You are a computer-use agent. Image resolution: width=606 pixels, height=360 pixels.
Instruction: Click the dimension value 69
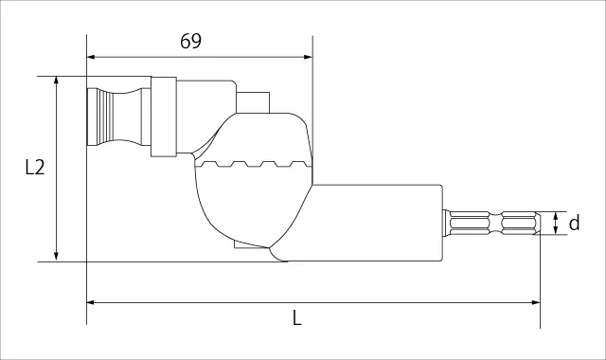(x=190, y=41)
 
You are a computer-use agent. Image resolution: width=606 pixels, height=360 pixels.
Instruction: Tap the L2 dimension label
(x=35, y=168)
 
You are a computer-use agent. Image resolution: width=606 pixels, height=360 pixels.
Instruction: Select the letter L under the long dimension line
(x=296, y=318)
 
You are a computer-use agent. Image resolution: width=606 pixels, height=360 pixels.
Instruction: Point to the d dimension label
(x=575, y=223)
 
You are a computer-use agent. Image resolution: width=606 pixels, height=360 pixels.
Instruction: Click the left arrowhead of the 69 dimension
(x=91, y=57)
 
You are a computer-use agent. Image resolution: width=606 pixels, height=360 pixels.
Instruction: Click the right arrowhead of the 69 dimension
(x=308, y=57)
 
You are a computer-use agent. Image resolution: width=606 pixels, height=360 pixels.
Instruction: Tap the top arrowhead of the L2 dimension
(x=56, y=81)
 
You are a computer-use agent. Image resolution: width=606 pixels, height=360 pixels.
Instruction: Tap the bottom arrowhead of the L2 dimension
(x=56, y=257)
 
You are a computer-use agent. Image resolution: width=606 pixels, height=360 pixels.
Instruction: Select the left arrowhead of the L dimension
(x=91, y=302)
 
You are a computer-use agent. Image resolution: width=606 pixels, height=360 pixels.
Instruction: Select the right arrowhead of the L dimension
(x=536, y=302)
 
